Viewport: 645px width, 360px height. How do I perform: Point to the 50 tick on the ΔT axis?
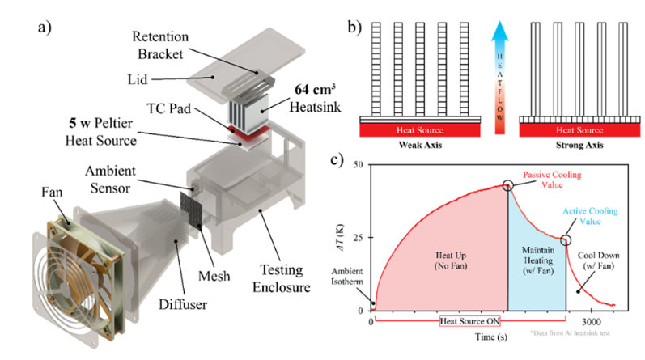pos(359,165)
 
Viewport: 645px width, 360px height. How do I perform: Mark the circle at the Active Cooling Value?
pos(566,239)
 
